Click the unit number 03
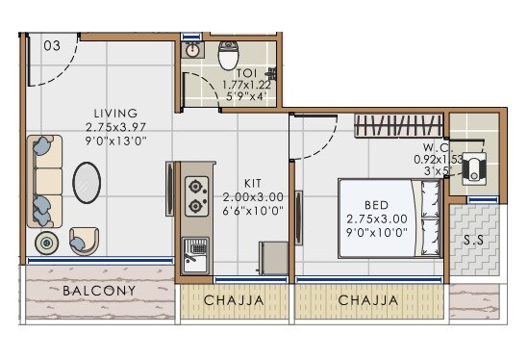click(x=52, y=45)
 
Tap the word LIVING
click(x=115, y=113)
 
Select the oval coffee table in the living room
click(x=88, y=182)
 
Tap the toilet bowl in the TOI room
click(x=229, y=56)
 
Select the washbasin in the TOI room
click(x=193, y=50)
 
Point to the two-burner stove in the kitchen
click(x=197, y=195)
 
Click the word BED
click(x=376, y=204)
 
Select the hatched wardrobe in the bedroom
click(x=396, y=126)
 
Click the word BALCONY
click(x=99, y=290)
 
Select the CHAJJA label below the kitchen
click(x=234, y=300)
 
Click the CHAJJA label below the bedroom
click(x=367, y=300)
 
